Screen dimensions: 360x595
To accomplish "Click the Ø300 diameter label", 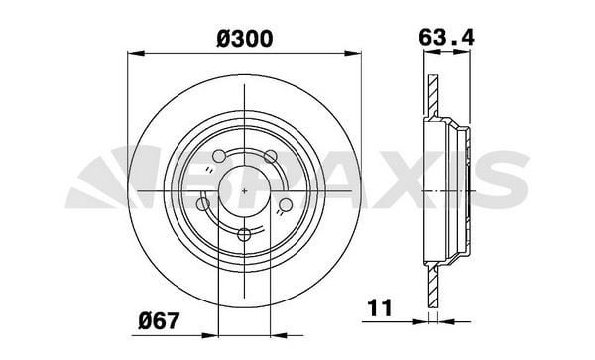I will coord(245,39).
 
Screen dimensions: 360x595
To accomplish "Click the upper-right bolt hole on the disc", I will coord(269,155).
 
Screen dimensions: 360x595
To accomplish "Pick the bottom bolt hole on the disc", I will coord(245,234).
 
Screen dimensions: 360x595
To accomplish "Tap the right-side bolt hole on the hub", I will coord(285,204).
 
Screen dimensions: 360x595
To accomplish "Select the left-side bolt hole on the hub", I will coord(203,204).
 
